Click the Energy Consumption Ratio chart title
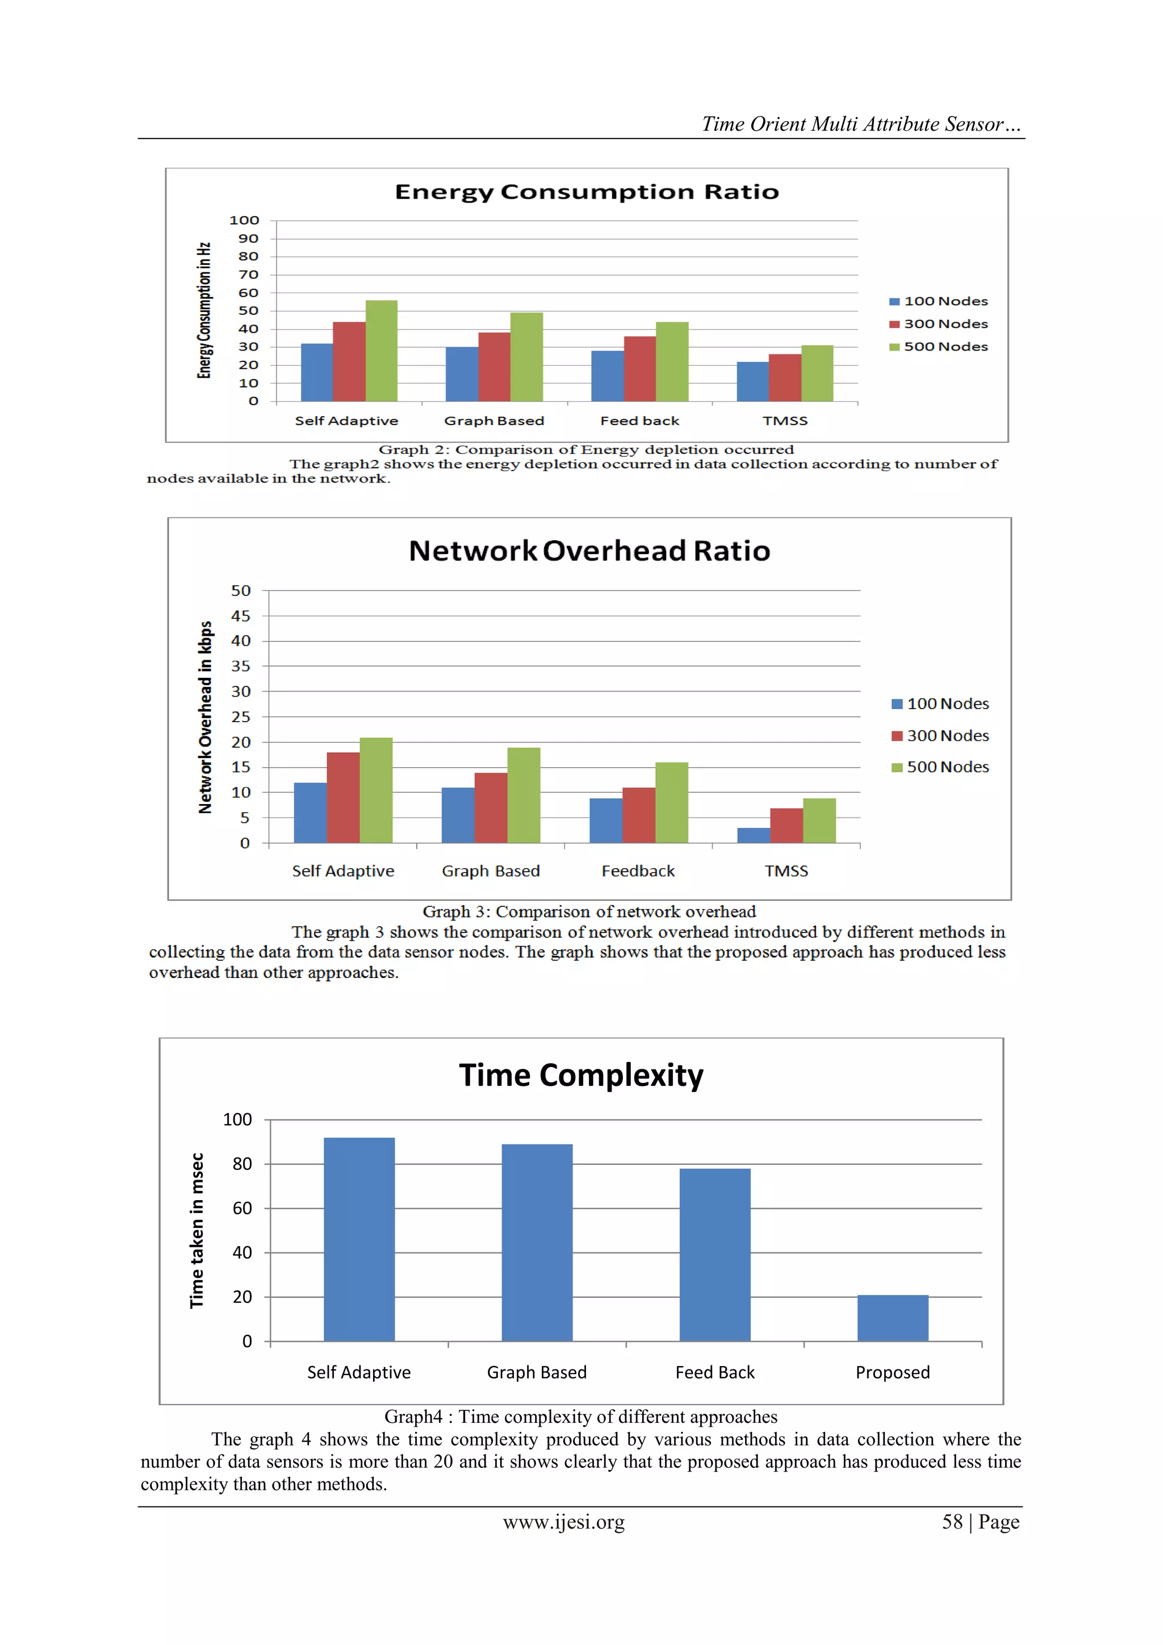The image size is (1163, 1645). tap(587, 192)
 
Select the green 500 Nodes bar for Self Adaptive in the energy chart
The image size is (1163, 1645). tap(381, 351)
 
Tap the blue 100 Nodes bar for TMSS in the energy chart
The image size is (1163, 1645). tap(752, 382)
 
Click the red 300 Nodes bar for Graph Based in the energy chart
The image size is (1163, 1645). tap(494, 367)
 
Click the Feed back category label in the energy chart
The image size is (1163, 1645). tap(639, 421)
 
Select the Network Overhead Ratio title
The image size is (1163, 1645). tap(589, 551)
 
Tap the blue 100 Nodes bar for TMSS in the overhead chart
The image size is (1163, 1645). tap(754, 835)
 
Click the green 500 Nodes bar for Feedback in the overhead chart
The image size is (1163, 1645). tap(671, 802)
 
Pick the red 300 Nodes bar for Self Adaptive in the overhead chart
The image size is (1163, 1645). tap(343, 797)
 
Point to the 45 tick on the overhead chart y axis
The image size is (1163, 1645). tap(241, 616)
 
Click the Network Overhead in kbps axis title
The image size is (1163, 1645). tap(206, 717)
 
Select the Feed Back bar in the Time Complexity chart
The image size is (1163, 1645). tap(715, 1255)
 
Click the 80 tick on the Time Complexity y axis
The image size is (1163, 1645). tap(242, 1164)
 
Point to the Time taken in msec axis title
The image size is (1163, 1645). tap(197, 1230)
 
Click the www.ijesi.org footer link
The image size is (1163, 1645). tap(563, 1522)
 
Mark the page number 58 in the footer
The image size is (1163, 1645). tap(952, 1522)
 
